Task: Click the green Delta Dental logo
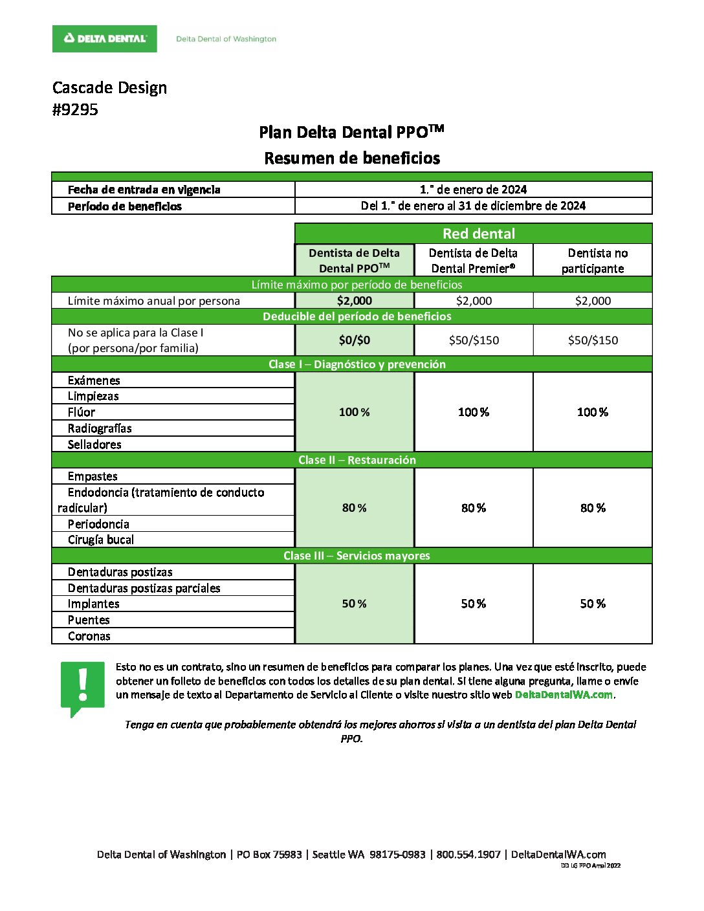tap(104, 39)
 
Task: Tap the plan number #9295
tap(75, 109)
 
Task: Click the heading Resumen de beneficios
tap(352, 158)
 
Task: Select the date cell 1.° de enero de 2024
tap(473, 190)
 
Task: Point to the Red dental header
tap(479, 234)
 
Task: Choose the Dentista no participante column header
tap(593, 261)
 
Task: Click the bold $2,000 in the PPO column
tap(355, 300)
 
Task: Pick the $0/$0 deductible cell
tap(355, 340)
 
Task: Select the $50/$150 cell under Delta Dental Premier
tap(474, 340)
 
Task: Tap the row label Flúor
tap(82, 412)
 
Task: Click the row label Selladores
tap(94, 445)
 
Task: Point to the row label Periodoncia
tap(98, 524)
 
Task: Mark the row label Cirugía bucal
tap(101, 540)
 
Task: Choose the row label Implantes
tap(94, 604)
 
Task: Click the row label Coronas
tap(89, 636)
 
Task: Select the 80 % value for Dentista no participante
tap(593, 508)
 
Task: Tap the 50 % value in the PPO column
tap(355, 604)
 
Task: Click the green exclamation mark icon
tap(82, 687)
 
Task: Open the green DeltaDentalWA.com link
tap(564, 695)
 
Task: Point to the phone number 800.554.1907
tap(468, 854)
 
